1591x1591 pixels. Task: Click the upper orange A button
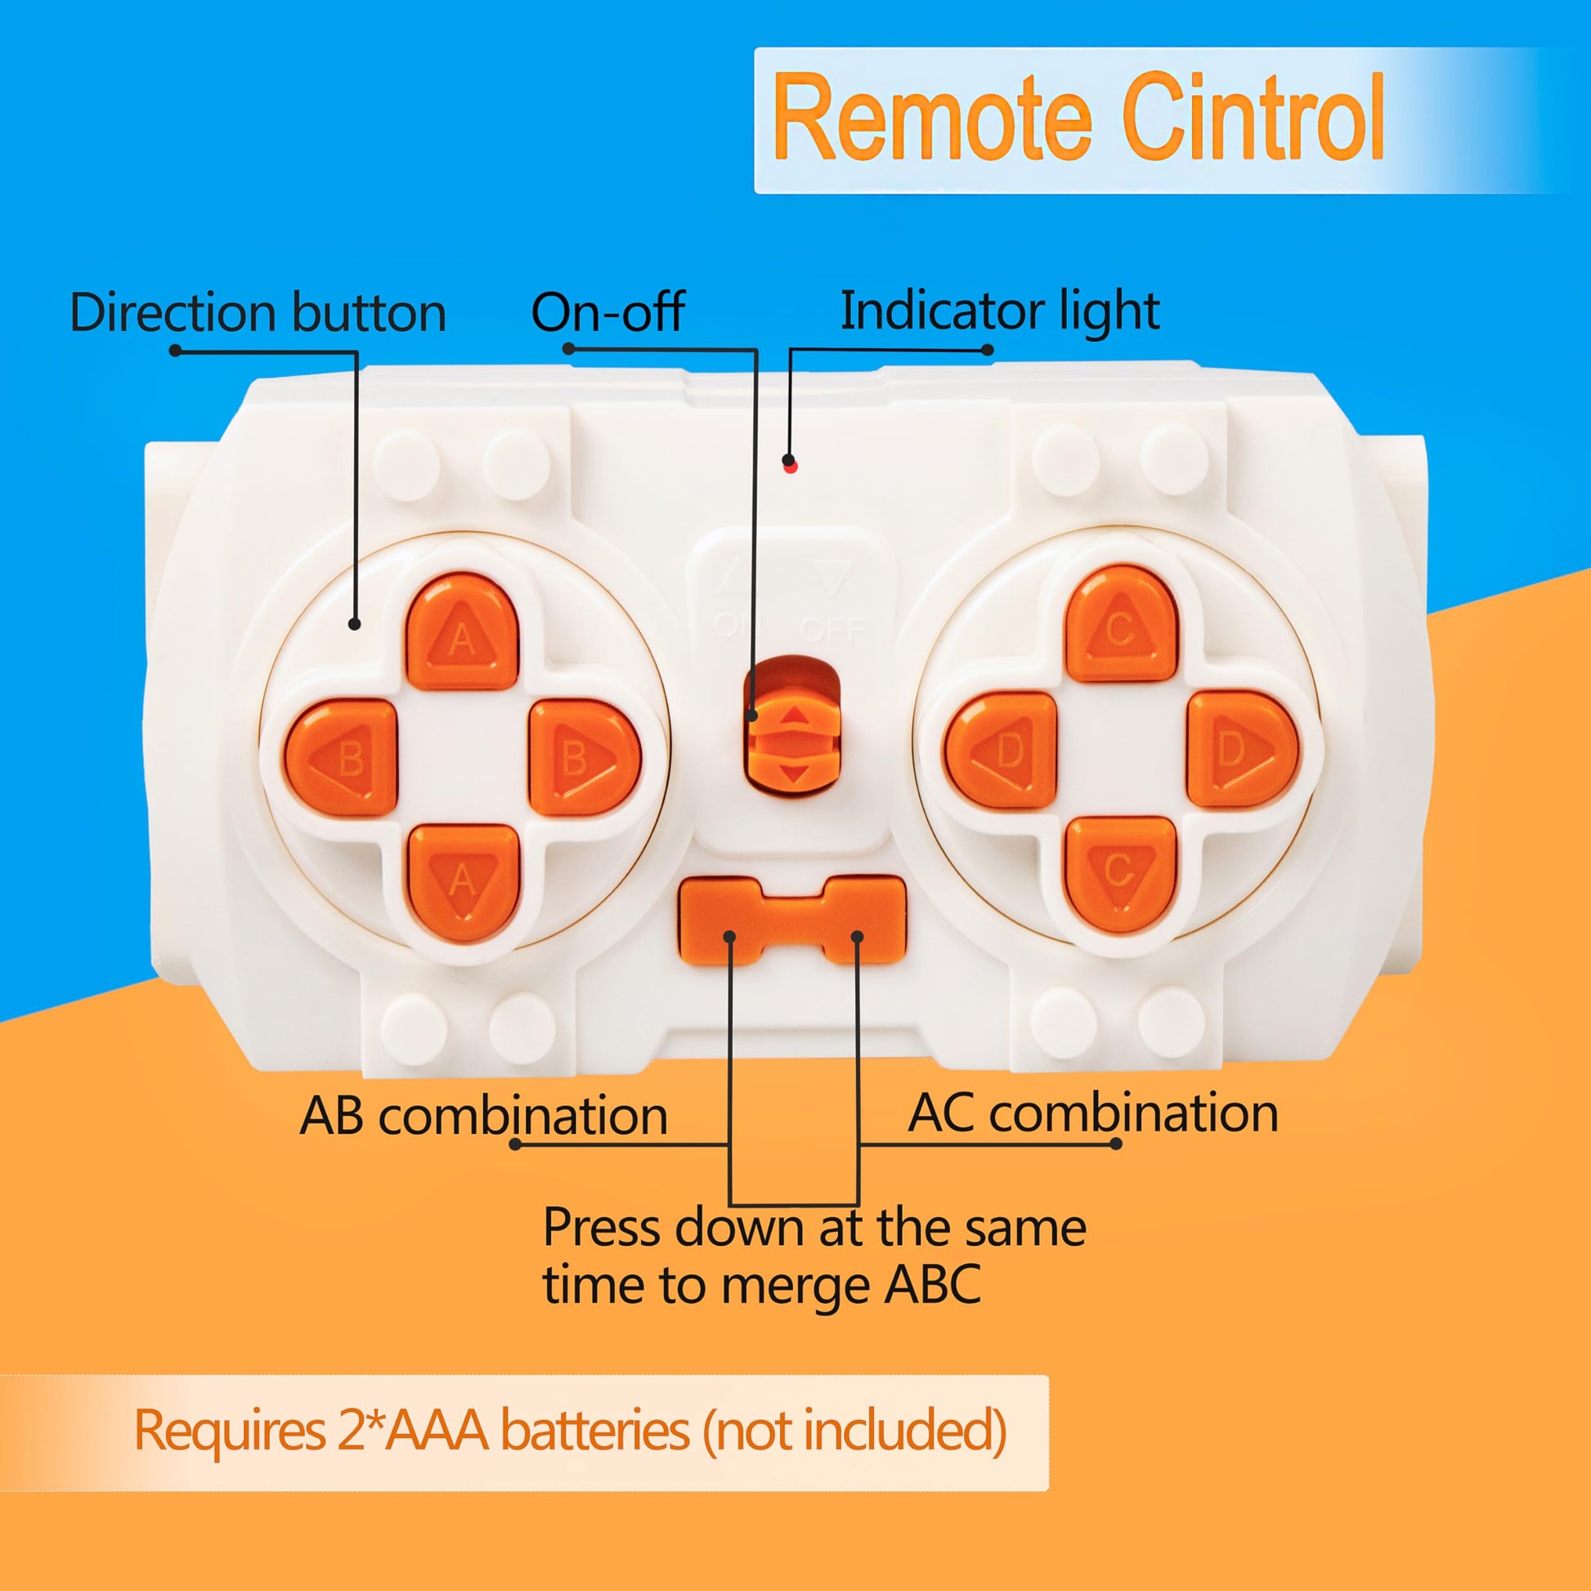462,633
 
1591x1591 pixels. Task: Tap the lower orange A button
463,883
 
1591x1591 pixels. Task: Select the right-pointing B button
583,758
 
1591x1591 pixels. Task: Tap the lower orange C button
1120,875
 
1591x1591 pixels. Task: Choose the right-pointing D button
1242,750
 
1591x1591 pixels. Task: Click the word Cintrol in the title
1253,118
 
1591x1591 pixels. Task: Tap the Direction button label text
258,313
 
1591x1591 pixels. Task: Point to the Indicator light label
1000,311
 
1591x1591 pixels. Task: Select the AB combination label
483,1117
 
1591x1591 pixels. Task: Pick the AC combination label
1093,1114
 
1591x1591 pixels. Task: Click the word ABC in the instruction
932,1284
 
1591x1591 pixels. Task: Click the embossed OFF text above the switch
832,630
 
